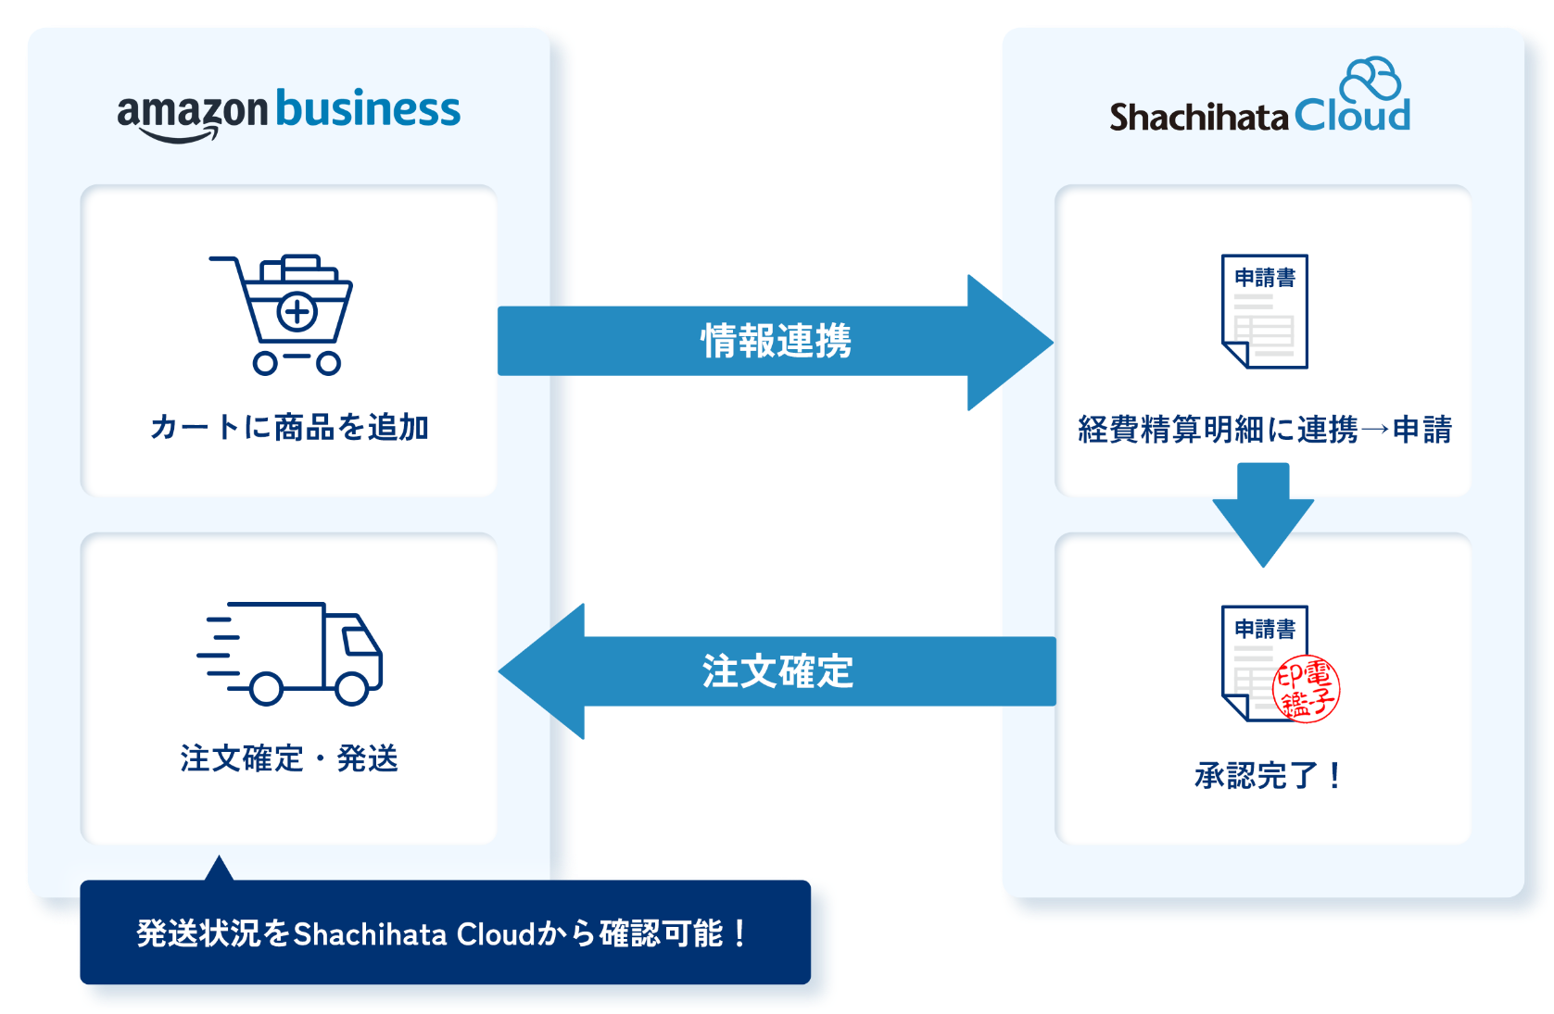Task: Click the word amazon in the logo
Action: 192,112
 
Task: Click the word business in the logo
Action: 368,109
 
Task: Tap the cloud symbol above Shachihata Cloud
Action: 1372,79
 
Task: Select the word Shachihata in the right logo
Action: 1199,118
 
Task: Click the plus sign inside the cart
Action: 297,312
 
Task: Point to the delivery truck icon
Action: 293,653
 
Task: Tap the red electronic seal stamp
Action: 1307,689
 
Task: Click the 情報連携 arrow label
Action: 776,341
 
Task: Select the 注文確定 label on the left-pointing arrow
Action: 777,671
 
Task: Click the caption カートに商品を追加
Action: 289,427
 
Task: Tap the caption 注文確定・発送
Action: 289,758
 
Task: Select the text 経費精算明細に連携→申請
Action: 1264,430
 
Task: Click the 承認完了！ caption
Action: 1267,775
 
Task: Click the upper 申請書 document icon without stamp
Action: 1264,311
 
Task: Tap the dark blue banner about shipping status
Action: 445,933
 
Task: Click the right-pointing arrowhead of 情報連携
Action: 1010,343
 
